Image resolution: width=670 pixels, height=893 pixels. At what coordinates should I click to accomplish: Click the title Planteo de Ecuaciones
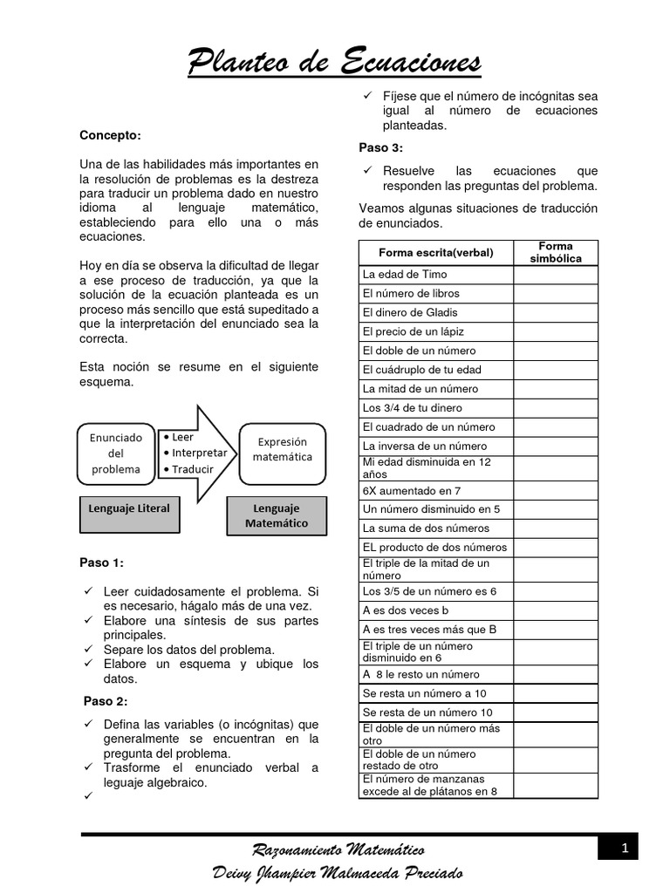(x=335, y=63)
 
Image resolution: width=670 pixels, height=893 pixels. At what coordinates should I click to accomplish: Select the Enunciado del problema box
(x=115, y=453)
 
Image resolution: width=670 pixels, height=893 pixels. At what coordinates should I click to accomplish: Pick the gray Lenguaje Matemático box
(x=276, y=515)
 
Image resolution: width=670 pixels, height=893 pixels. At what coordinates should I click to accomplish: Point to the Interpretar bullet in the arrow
(x=195, y=453)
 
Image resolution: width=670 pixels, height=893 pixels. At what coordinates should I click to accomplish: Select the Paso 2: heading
(x=106, y=701)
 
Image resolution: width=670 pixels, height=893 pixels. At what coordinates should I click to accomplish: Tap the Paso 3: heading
(x=380, y=147)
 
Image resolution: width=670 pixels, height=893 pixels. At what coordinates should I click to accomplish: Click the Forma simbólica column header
(x=555, y=253)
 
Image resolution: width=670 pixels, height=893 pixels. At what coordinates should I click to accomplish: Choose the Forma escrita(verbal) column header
(x=435, y=253)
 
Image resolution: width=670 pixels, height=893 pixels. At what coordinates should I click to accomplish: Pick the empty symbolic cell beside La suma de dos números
(x=555, y=528)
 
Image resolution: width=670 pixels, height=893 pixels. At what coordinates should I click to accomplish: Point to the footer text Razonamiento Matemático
(x=338, y=849)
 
